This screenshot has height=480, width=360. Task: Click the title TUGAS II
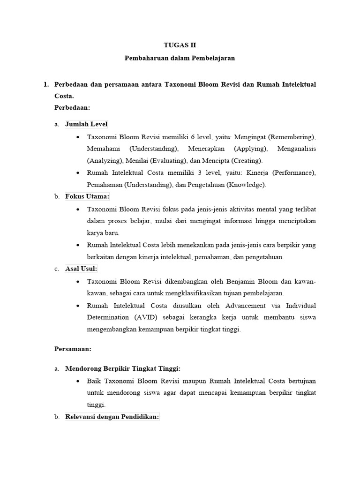tap(180, 45)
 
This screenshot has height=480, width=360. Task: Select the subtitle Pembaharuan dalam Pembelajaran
tap(180, 59)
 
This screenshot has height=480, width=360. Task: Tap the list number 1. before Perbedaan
tap(46, 84)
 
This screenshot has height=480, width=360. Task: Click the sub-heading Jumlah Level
tap(86, 124)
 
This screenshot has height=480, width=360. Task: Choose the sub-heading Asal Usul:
tap(81, 269)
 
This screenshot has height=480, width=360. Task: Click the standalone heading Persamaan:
tap(73, 349)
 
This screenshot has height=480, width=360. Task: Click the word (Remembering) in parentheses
tap(292, 137)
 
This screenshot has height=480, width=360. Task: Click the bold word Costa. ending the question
tap(64, 96)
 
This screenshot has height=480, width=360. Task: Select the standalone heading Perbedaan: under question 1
tap(72, 107)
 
